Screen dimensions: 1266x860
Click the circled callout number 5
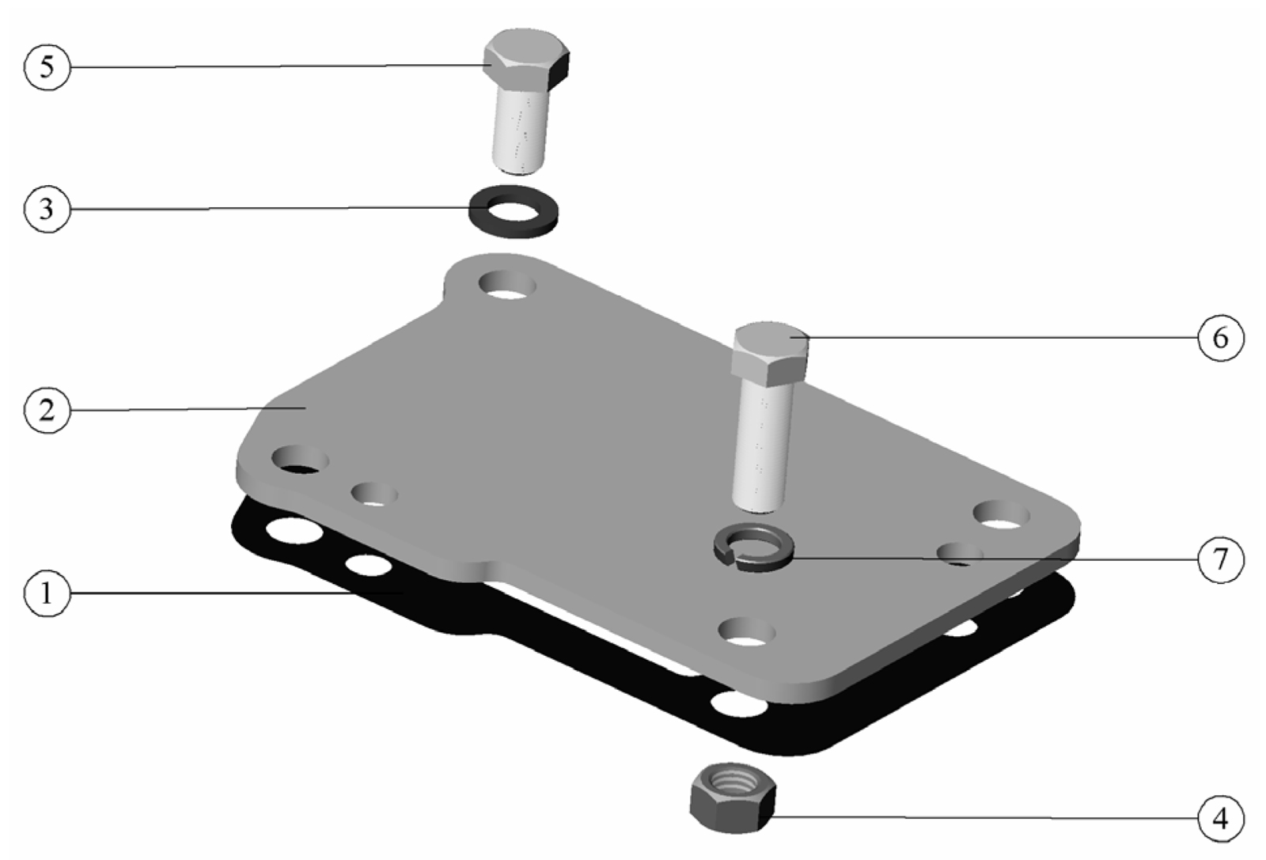pos(47,67)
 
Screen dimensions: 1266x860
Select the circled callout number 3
pos(47,209)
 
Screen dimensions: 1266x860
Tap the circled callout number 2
pos(47,410)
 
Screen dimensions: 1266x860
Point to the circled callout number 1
pos(47,594)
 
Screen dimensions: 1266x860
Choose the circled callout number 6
pos(1221,338)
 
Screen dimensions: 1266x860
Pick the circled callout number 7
pos(1221,559)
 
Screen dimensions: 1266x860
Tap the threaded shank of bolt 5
pos(519,133)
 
